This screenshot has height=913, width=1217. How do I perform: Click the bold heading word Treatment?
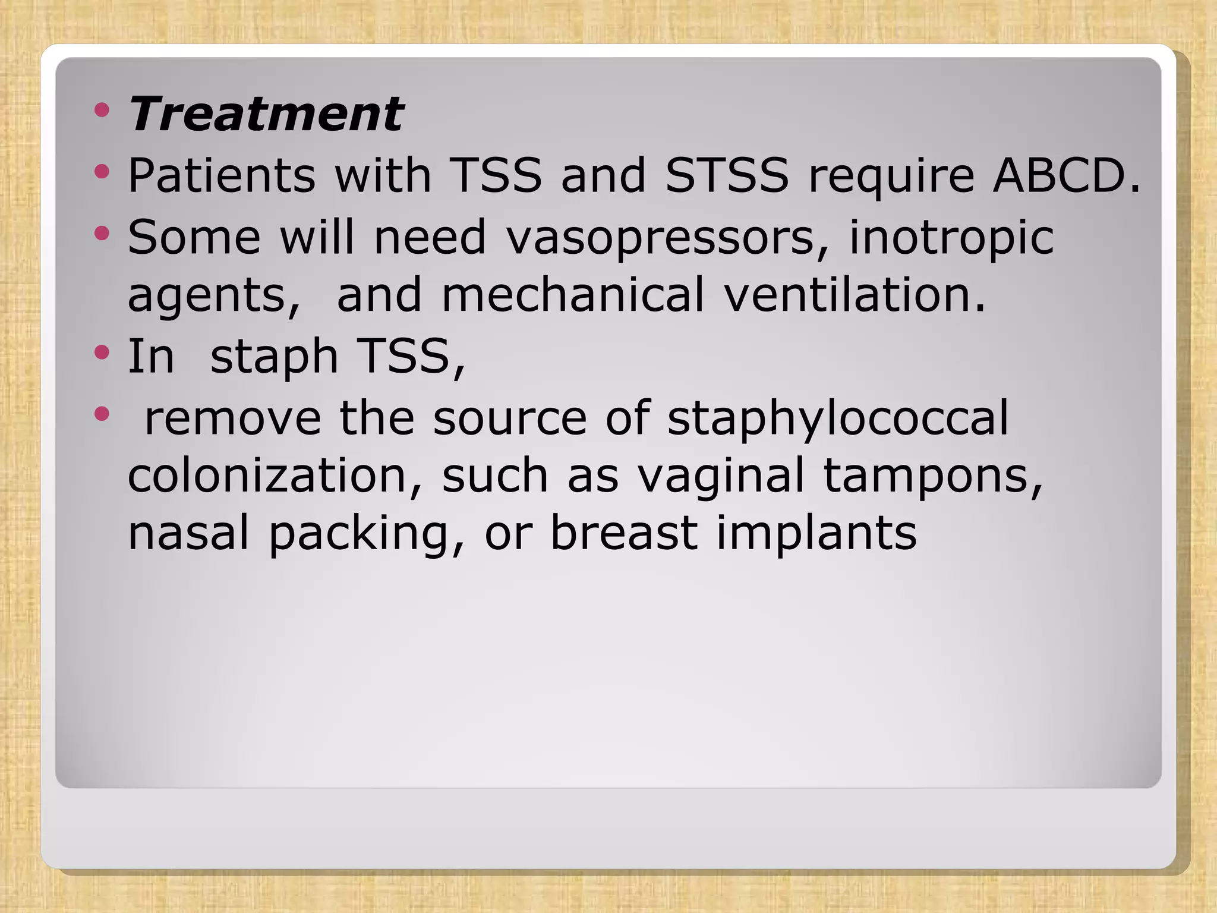pos(266,114)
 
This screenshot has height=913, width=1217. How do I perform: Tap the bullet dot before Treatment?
pos(102,110)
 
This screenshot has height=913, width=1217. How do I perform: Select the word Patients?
pos(221,176)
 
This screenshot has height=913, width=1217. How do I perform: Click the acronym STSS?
pos(726,176)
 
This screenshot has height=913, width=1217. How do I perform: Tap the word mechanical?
pos(573,295)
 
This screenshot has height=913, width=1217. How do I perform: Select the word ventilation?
pos(855,295)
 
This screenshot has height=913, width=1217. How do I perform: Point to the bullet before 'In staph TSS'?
pos(102,353)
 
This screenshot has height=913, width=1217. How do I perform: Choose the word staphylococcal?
pos(838,418)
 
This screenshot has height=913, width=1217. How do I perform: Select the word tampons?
pos(933,477)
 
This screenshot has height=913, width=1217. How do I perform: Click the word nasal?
pos(188,533)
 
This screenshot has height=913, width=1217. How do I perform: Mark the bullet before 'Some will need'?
pos(102,233)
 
